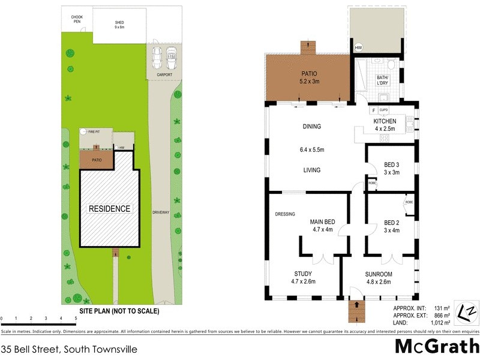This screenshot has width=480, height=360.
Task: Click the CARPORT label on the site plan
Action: (x=164, y=75)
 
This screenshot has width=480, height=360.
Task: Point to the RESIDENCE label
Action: (x=109, y=209)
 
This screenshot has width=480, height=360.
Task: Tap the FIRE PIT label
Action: (x=94, y=131)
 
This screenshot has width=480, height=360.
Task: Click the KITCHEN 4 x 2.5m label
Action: (x=385, y=125)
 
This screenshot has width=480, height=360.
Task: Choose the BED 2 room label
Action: (x=391, y=226)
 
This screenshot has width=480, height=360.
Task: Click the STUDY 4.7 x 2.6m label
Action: (x=303, y=278)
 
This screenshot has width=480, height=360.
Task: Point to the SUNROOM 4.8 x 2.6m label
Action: (x=379, y=278)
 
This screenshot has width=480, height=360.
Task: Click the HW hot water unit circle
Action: (x=359, y=48)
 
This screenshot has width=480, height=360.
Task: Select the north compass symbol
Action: (x=467, y=313)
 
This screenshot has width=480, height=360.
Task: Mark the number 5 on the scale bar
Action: (x=76, y=318)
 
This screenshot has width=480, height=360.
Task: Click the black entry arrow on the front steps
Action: (x=359, y=304)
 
